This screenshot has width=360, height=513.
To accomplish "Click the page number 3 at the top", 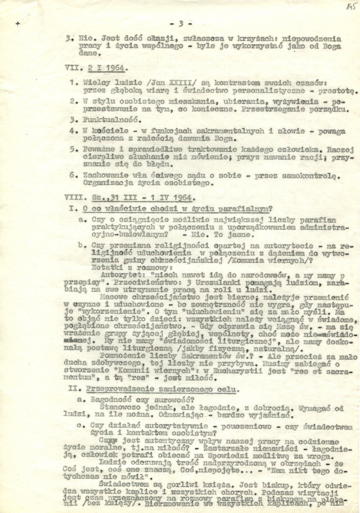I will pos(181,24).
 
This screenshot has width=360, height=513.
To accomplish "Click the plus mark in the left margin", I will pos(18,24).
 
